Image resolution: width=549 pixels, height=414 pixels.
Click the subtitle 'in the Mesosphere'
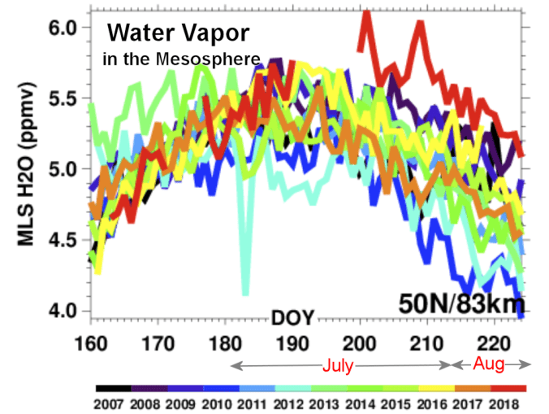coord(182,59)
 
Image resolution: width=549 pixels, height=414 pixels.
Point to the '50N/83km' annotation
coord(460,303)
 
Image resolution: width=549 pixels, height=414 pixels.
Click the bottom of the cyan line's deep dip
coord(245,294)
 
